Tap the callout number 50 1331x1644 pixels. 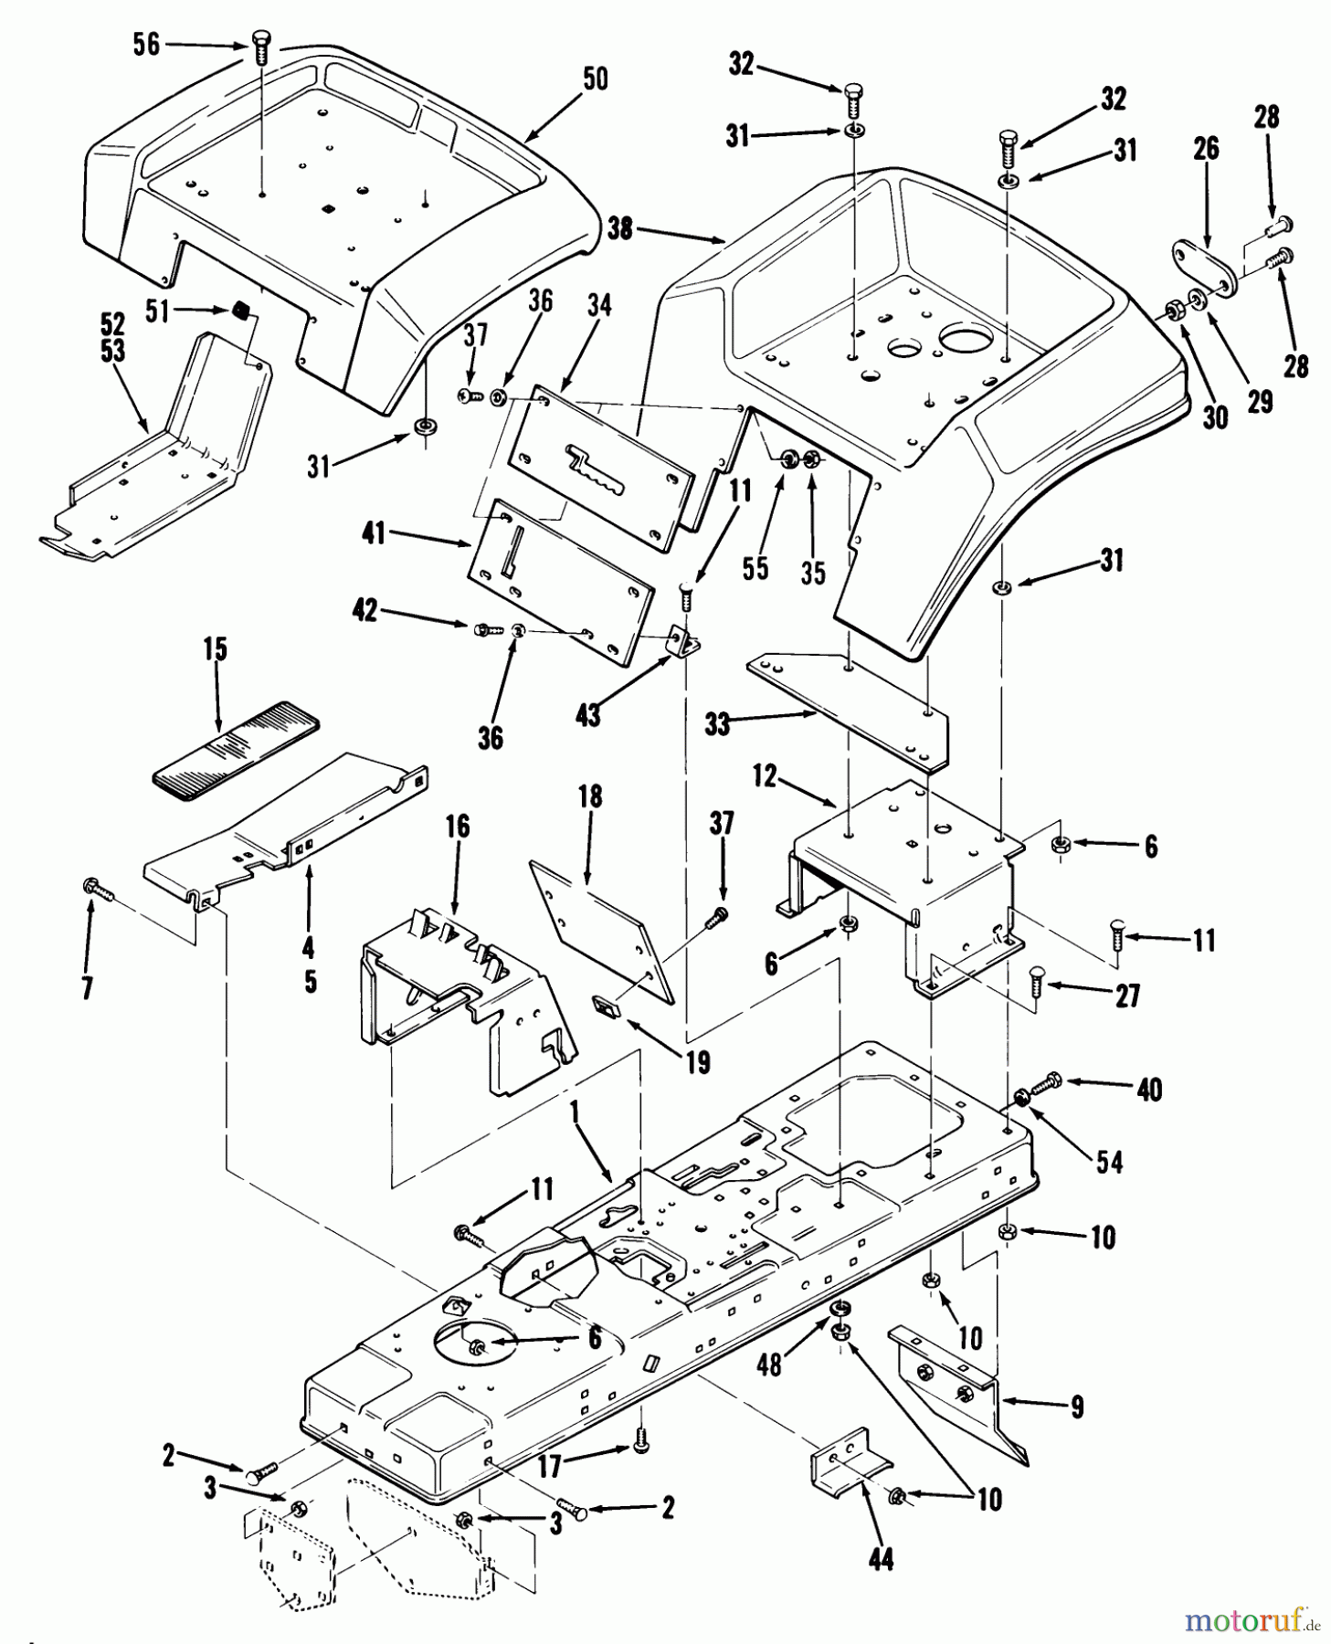point(595,79)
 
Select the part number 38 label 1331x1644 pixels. point(620,228)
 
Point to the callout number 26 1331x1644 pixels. point(1206,148)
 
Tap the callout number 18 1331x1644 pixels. point(590,796)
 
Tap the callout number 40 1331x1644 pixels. point(1149,1089)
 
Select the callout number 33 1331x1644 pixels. point(718,723)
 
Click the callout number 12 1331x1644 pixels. point(764,777)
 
